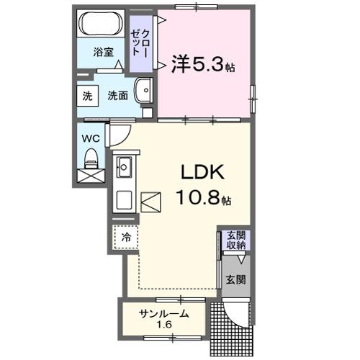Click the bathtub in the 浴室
pos(102,27)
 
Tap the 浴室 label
pos(104,52)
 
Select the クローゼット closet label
pos(141,42)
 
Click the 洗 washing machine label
pos(86,96)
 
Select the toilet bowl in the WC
pos(91,157)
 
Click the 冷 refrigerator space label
pos(125,236)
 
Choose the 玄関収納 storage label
pos(236,240)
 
